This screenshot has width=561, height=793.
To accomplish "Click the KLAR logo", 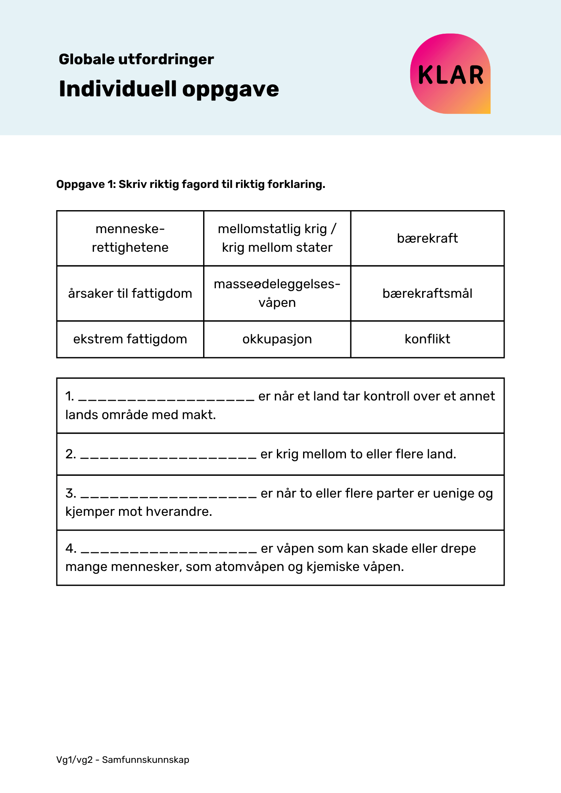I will (x=450, y=74).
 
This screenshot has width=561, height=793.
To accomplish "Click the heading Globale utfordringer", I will (x=136, y=59).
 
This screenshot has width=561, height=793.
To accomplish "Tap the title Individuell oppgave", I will (x=169, y=89).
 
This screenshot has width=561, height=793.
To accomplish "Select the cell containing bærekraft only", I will (x=427, y=238).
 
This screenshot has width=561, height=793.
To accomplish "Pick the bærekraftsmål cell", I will (x=427, y=293).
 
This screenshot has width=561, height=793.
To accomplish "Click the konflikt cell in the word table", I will (x=427, y=339).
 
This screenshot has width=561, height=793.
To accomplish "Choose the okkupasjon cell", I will (x=277, y=339).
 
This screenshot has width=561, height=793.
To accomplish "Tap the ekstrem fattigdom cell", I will (x=130, y=339).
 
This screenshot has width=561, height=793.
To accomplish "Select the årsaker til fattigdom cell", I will (x=130, y=293).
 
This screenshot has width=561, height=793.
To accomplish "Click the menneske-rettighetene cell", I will (x=130, y=238).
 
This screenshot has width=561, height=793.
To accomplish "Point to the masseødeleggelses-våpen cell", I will (x=277, y=293).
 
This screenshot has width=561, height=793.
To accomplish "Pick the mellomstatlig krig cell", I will (x=277, y=238).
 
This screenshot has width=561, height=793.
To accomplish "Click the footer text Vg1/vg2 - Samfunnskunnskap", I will (x=123, y=760).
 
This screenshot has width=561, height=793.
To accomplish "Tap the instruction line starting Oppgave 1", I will (x=190, y=184).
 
